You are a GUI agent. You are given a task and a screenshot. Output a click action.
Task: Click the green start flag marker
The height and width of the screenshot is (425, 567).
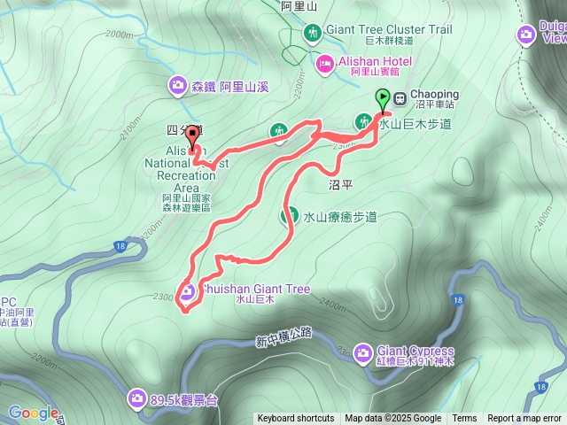point(383,98)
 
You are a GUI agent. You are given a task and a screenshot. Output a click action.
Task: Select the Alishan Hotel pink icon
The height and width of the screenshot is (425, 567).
point(325,62)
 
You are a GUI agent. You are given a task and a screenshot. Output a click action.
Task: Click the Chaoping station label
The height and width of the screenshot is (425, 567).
point(434,95)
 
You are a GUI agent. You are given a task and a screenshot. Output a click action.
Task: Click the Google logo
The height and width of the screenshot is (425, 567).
point(33,413)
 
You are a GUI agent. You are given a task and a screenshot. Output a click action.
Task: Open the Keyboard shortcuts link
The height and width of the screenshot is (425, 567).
point(295,419)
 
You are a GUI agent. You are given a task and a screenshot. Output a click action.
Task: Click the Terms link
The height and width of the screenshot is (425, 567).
point(464,419)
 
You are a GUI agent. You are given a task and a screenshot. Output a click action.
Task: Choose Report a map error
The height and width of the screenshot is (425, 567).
point(524,419)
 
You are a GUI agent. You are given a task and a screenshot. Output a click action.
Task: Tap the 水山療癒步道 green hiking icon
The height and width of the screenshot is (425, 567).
point(289,216)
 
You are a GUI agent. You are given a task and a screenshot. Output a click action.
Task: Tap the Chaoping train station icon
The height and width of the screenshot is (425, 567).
point(401,96)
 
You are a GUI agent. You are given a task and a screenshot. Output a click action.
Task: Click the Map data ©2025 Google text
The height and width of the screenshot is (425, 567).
point(393,419)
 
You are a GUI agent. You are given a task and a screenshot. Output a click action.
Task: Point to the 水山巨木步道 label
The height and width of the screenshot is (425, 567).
point(415,124)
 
